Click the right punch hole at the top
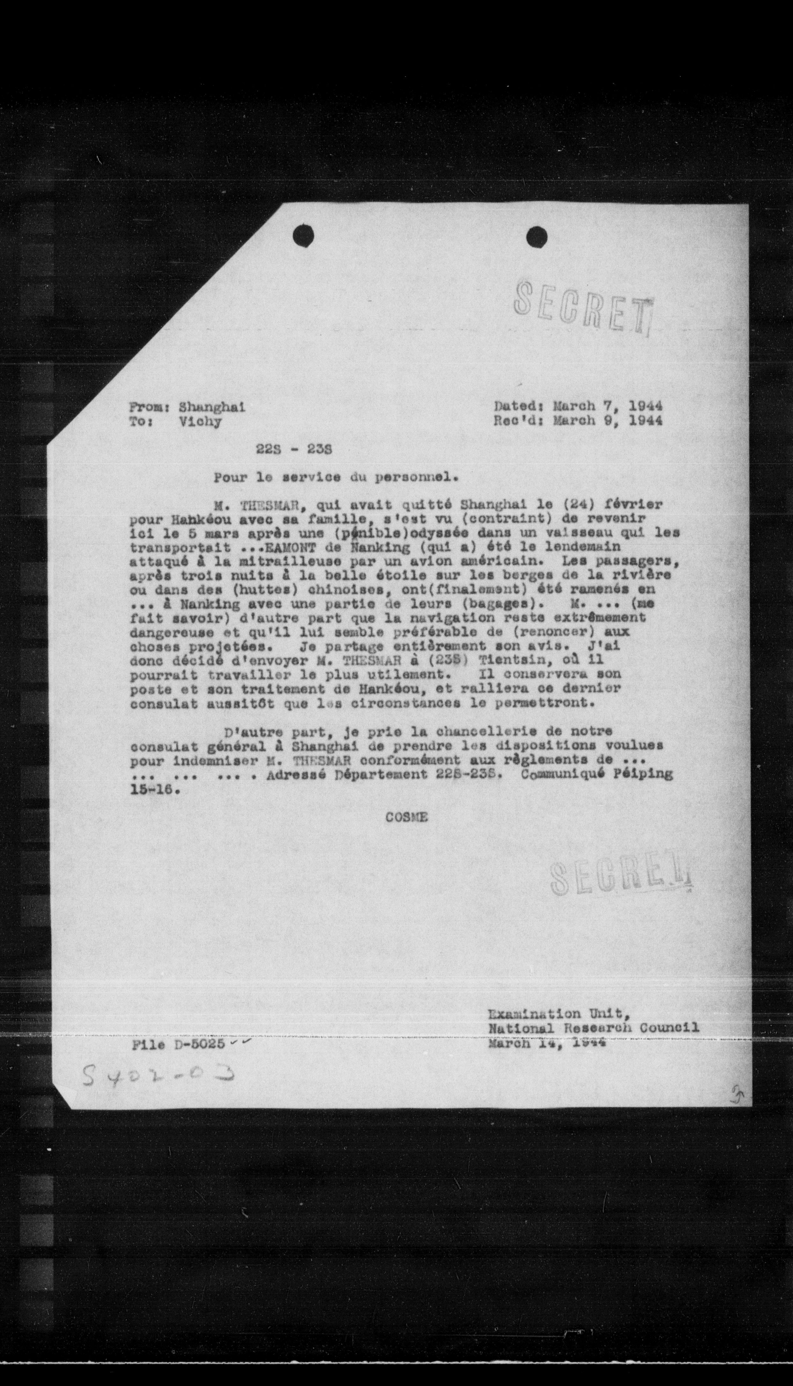(536, 237)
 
